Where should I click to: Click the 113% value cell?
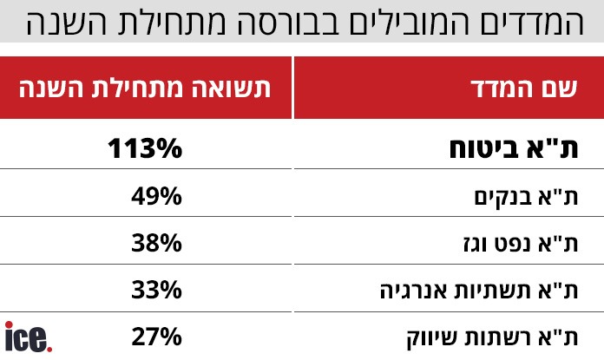pyautogui.click(x=146, y=148)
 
